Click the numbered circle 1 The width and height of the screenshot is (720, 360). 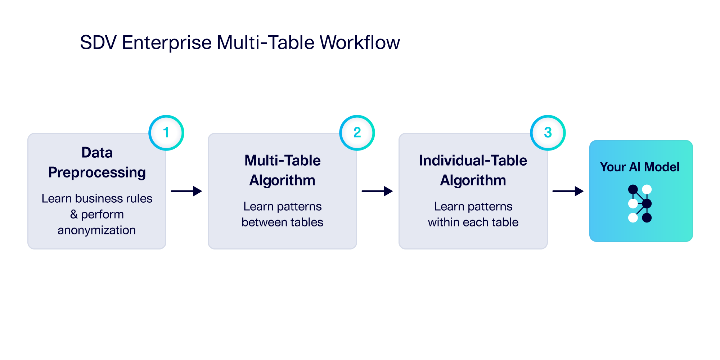point(166,132)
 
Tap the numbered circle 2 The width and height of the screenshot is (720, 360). point(357,132)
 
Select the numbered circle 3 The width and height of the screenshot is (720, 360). point(548,132)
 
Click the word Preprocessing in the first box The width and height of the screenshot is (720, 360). point(97,172)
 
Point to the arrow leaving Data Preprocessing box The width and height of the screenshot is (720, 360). point(186,191)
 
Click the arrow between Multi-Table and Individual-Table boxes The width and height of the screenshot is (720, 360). point(377,191)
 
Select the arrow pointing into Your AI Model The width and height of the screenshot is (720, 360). point(568,191)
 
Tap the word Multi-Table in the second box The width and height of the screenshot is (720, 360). point(282,161)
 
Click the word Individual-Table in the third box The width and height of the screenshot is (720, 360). point(473,161)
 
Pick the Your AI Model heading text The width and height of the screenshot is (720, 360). point(639,167)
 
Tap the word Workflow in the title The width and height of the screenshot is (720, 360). point(359,42)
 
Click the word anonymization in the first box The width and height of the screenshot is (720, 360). point(96,230)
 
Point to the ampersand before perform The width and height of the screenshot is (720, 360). point(74,214)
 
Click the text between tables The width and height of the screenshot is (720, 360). point(282,222)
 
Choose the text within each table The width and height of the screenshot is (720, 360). point(473,222)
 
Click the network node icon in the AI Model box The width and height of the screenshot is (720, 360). point(640,203)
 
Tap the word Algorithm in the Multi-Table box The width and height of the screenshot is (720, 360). point(282,180)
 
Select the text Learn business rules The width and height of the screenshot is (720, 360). point(97,198)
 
